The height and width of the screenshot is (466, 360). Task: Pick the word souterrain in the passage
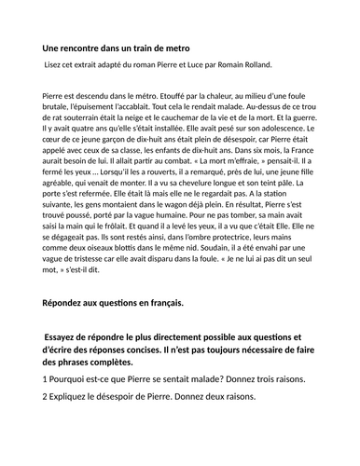coord(82,118)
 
